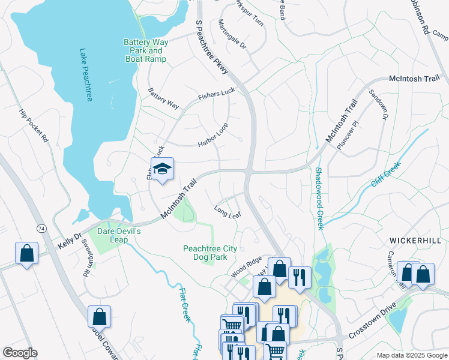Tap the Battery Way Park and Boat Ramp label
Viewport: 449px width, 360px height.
click(x=145, y=50)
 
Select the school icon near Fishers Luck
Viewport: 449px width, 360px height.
click(x=162, y=170)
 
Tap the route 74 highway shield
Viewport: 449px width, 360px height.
click(x=41, y=229)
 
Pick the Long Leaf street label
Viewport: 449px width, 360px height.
click(x=228, y=212)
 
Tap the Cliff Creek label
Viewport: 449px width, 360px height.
click(x=385, y=174)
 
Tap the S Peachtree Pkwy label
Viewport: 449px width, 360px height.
click(x=212, y=47)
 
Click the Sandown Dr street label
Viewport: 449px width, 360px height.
click(x=378, y=106)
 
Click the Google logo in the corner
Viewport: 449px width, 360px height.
click(x=20, y=352)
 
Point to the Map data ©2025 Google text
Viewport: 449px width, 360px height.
click(x=411, y=355)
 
